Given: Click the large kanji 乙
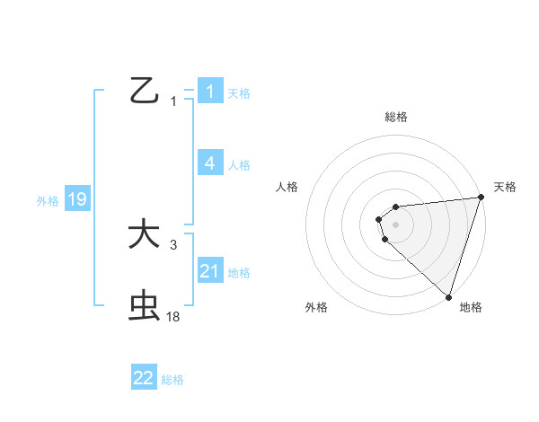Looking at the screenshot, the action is coord(145,91).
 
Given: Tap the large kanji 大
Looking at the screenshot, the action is coord(144,234).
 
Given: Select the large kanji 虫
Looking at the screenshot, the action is coord(144,306).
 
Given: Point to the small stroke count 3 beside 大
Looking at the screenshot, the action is coord(173,244).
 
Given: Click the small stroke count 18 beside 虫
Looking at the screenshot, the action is coord(173,316).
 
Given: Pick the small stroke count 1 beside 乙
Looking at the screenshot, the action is coord(173,101).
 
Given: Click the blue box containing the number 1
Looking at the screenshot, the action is coord(210,91).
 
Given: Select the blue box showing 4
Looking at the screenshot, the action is coord(210,163).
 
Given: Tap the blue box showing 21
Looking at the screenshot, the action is coord(210,270).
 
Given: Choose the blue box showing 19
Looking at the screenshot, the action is coord(77,199).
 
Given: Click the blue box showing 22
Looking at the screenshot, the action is coord(144,378).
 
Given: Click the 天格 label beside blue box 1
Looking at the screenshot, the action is coord(239,92).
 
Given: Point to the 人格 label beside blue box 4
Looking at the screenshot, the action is coord(239,164).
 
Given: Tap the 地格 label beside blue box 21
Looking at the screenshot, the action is coord(239,272).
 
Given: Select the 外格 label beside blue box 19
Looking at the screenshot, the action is coord(48,201).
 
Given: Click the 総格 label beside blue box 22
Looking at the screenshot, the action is coord(172,380).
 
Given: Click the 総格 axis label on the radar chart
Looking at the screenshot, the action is coord(395,117).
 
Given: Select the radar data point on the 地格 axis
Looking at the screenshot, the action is coord(448,296).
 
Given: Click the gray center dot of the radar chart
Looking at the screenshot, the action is coord(395,224).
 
